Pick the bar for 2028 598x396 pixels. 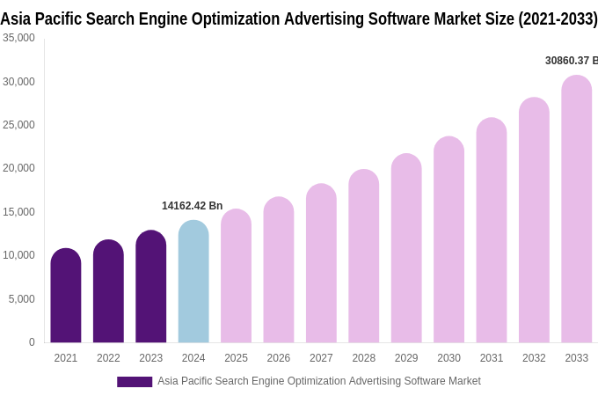(x=364, y=256)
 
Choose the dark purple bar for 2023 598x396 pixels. (x=151, y=287)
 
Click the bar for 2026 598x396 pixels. (x=279, y=270)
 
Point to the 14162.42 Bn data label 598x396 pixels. (x=192, y=206)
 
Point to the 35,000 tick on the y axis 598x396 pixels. (x=18, y=38)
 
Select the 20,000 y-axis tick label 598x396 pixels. (x=18, y=168)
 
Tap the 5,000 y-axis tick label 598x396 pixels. (x=21, y=299)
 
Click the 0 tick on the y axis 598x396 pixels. (x=32, y=342)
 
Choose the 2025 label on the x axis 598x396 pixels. (x=236, y=358)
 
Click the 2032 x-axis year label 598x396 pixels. (x=534, y=358)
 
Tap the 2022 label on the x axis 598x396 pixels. (x=108, y=358)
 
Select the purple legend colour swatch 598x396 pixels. (x=135, y=381)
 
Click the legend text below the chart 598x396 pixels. (x=318, y=381)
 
